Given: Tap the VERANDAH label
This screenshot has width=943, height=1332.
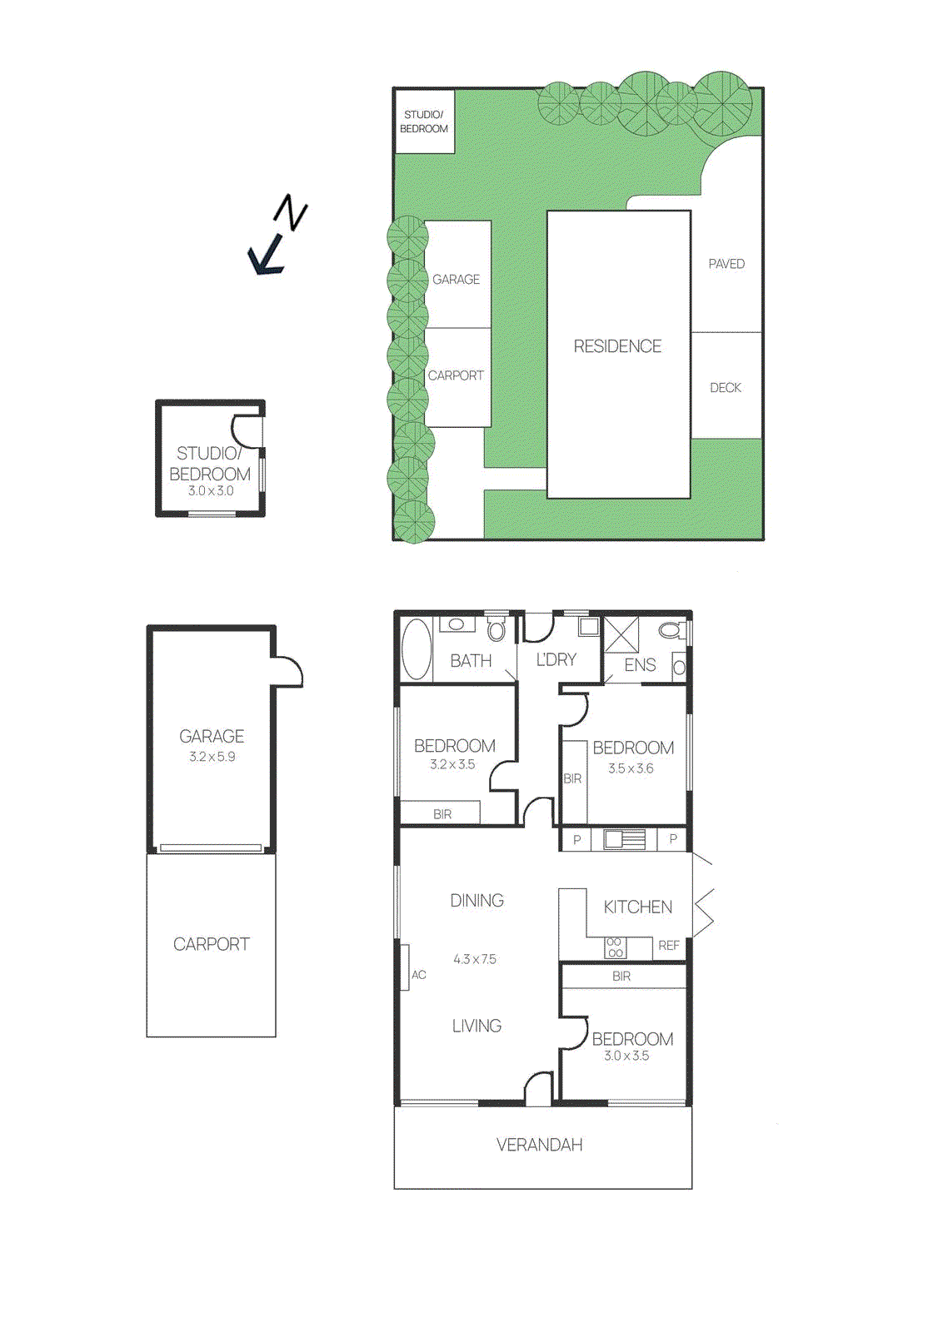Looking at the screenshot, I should [539, 1146].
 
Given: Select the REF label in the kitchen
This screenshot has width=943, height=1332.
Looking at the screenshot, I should [669, 946].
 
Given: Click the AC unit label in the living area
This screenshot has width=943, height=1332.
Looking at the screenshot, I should [418, 975].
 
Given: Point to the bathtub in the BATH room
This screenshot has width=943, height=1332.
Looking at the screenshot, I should [416, 650].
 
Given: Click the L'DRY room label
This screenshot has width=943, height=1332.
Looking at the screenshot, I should [556, 660].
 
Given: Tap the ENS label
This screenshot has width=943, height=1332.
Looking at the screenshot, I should [640, 665].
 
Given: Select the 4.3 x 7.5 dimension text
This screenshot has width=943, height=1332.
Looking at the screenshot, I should [475, 959].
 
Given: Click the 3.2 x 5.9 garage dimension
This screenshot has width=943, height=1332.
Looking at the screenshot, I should [212, 757].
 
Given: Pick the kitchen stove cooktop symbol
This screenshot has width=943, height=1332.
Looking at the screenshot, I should [615, 947].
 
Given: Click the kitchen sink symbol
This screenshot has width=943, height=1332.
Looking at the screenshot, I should [624, 839].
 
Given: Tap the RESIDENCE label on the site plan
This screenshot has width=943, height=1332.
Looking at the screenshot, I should [617, 346].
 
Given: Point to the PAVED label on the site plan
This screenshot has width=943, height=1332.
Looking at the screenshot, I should [726, 264].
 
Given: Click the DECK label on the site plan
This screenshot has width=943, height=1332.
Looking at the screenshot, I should [726, 388].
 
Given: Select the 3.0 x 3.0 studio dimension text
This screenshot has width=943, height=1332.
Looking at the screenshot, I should [211, 491].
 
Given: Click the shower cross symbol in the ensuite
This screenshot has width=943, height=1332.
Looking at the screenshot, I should [621, 634].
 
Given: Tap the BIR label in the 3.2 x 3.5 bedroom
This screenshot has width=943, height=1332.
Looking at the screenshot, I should [442, 814].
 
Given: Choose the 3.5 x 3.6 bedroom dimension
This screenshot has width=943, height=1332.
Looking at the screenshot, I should [631, 768].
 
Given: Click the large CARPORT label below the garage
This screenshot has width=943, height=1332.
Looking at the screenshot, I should [211, 944].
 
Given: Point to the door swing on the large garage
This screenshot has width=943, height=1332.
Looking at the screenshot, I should [287, 671].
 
